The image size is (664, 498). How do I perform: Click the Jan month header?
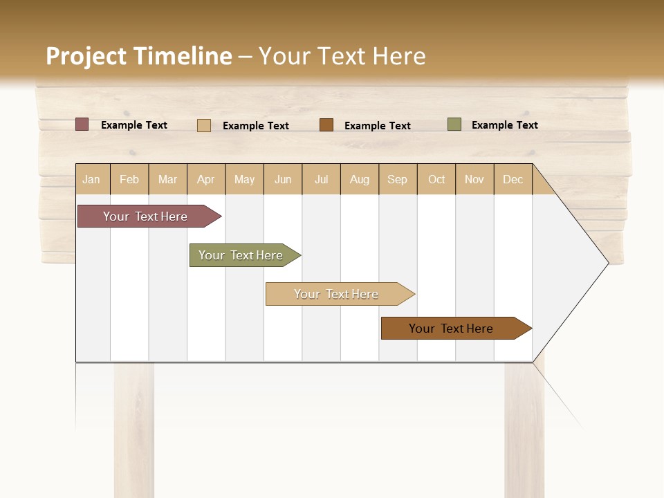tap(92, 179)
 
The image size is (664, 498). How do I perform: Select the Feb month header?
tap(129, 179)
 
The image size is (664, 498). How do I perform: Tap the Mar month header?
tap(168, 179)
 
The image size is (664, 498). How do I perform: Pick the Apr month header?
tap(206, 179)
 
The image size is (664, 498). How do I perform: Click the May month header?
tap(244, 179)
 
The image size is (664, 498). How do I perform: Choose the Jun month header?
tap(283, 179)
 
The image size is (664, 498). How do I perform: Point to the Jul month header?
tap(322, 179)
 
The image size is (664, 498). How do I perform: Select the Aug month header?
tap(360, 179)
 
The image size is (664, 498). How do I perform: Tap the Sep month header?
tap(398, 179)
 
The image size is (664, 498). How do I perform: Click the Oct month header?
tap(436, 179)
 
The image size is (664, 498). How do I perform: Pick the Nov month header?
tap(474, 179)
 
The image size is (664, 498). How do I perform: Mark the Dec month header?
tap(513, 179)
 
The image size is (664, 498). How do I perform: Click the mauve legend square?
tap(82, 124)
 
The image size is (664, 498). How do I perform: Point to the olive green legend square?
tap(454, 124)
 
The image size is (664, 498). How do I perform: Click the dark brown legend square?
tap(326, 124)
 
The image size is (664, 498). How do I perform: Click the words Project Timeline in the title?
tap(139, 56)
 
